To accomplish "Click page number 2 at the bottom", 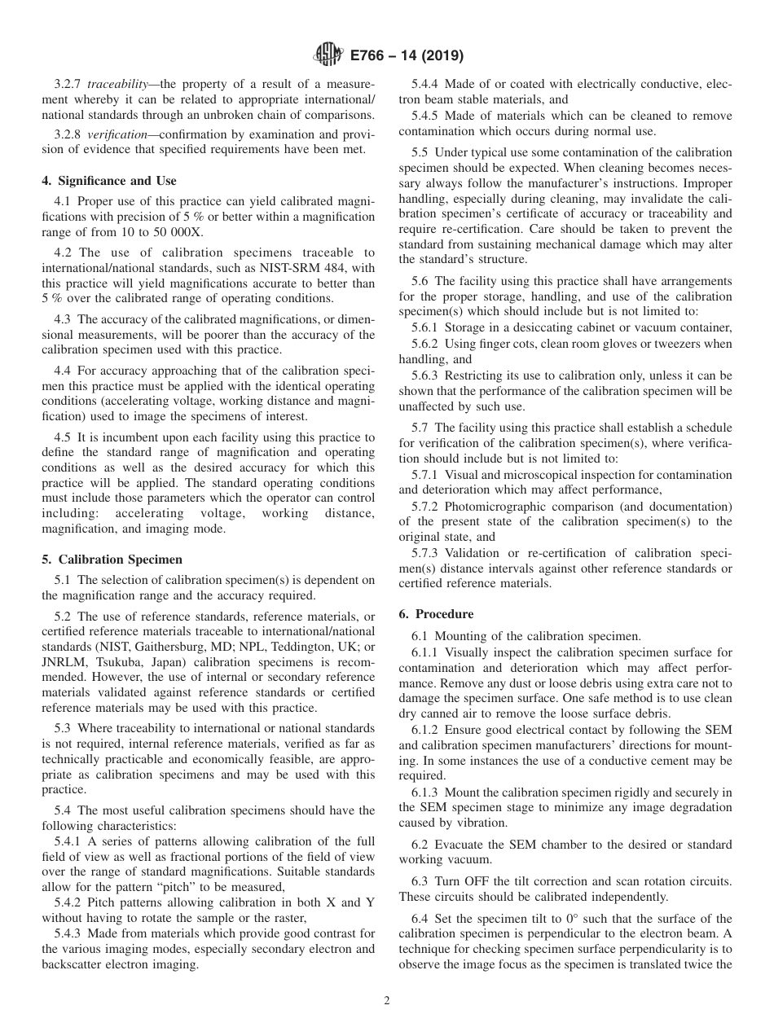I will pos(387,1001).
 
